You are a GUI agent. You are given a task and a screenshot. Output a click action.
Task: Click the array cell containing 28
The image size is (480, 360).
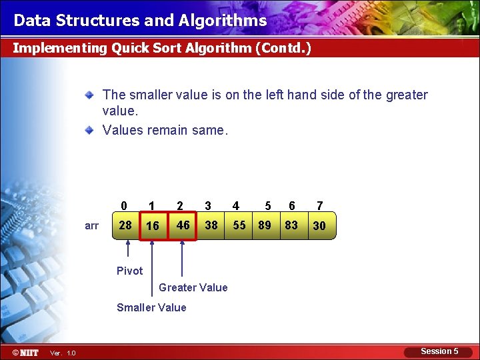point(125,225)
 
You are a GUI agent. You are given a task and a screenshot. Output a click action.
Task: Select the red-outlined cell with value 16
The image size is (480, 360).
point(153,226)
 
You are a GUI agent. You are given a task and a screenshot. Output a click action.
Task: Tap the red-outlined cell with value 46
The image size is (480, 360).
point(183,225)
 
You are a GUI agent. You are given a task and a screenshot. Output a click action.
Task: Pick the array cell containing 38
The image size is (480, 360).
point(211,225)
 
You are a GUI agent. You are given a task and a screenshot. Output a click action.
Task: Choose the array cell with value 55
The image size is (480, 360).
point(239,225)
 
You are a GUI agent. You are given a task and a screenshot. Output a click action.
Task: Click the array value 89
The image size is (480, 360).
point(265,225)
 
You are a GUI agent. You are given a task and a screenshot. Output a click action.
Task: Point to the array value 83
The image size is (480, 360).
point(291,225)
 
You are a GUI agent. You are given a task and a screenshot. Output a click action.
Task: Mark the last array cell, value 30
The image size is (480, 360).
point(319,226)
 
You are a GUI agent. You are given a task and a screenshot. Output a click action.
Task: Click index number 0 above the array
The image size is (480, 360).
point(124,206)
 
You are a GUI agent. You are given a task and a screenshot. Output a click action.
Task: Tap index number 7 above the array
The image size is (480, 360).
point(320,206)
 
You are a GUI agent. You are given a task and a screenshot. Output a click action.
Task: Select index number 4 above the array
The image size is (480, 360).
point(236,206)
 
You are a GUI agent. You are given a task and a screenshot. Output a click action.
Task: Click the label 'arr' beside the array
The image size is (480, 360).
point(92,226)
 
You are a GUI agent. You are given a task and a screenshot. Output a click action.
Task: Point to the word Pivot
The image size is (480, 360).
point(129,271)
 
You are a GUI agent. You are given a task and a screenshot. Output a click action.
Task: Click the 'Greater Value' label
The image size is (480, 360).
point(193,287)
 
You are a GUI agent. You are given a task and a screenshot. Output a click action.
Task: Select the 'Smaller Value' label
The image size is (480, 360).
point(151,307)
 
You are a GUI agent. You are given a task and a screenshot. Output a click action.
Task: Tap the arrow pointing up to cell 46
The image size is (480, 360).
point(181,257)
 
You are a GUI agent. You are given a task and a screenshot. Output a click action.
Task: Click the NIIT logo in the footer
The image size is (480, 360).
point(25,352)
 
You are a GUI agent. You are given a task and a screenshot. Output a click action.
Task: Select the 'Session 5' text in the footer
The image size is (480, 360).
point(439,351)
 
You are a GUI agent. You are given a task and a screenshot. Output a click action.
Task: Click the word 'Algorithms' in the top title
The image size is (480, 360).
point(223,21)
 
